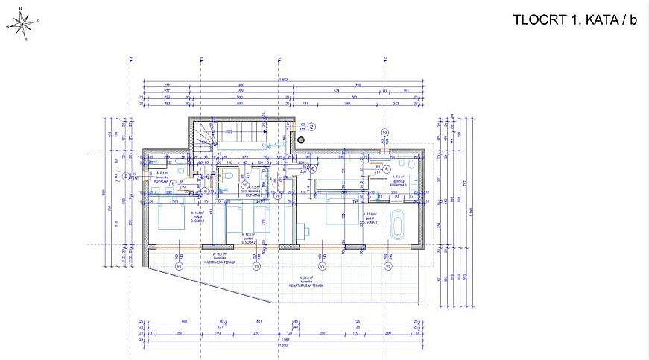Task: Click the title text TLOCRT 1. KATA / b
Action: point(575,20)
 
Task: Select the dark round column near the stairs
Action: point(301,139)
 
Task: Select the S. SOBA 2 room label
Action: point(249,241)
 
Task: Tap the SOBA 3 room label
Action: point(370,222)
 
